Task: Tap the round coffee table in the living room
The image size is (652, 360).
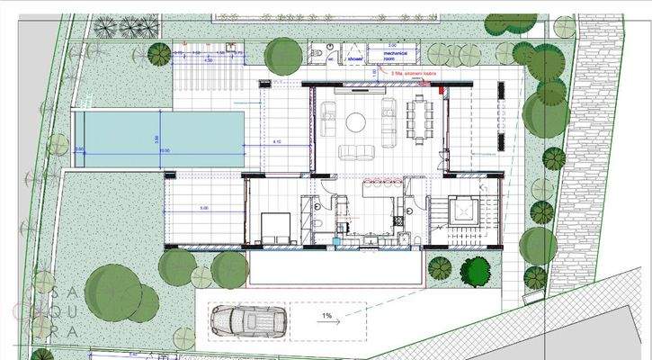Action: pyautogui.click(x=357, y=122)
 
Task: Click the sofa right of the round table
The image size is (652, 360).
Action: pyautogui.click(x=389, y=114)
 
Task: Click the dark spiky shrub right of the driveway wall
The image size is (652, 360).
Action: pyautogui.click(x=441, y=267)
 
